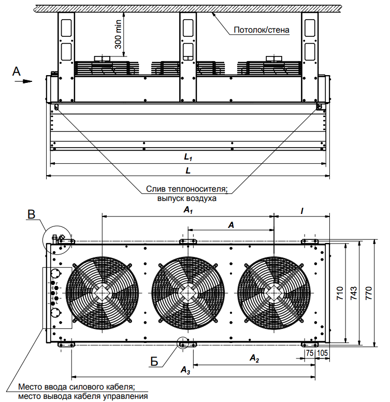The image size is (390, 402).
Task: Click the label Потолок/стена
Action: click(261, 30)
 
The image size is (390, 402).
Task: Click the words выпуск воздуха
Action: click(186, 198)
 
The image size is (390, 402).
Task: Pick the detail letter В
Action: click(32, 214)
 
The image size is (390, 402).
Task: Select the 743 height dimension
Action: click(353, 293)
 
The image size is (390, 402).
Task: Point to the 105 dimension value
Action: click(321, 353)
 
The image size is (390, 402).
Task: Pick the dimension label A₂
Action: click(254, 358)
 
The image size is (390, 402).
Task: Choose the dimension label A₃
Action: click(184, 369)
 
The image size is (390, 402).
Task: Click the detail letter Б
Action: click(155, 362)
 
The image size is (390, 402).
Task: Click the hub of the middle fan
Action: click(189, 293)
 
